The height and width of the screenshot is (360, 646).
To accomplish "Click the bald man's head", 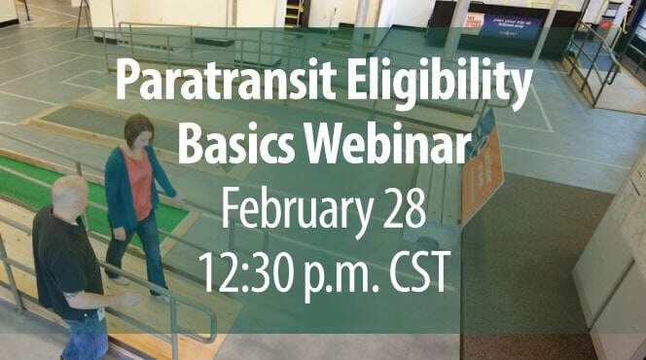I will click(69, 194).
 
